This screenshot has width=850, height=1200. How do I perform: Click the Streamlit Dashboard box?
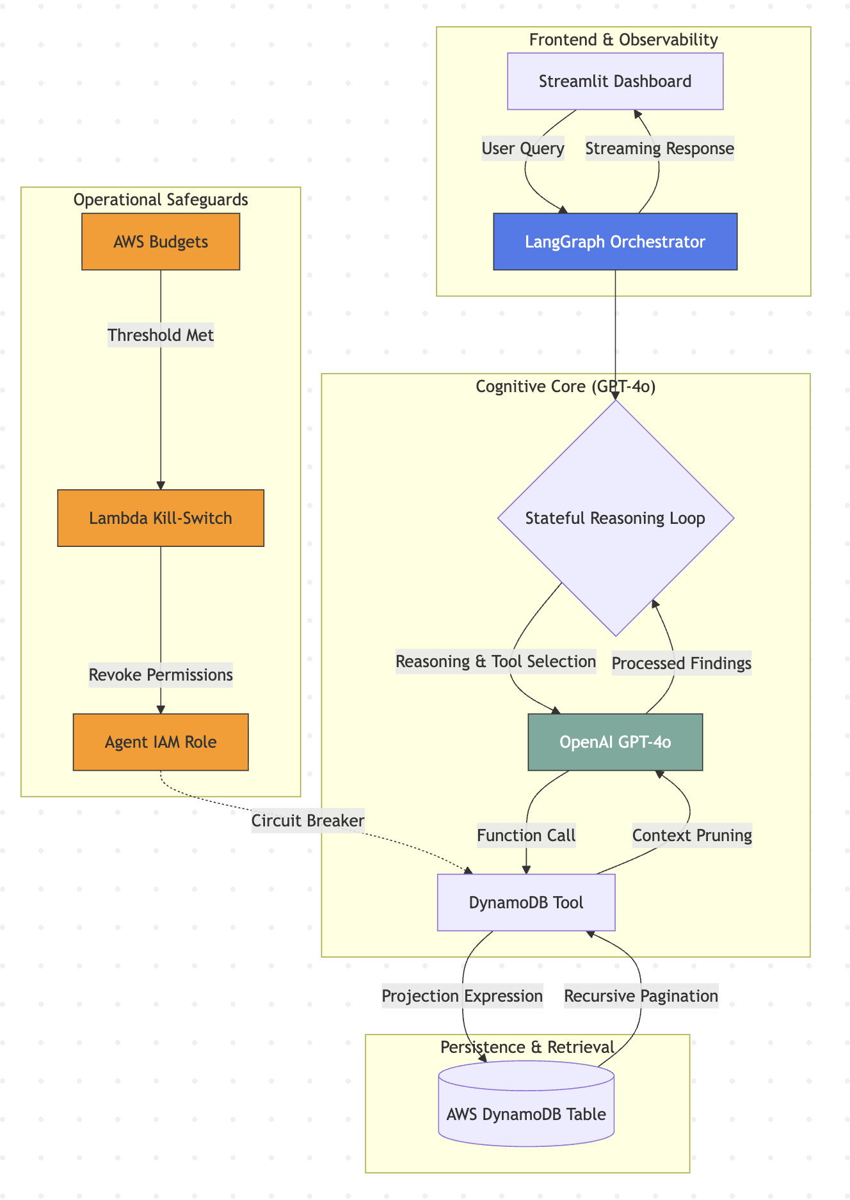[x=615, y=81]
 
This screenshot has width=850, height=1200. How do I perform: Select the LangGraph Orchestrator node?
[x=615, y=242]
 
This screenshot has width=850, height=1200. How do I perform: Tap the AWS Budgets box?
[x=161, y=242]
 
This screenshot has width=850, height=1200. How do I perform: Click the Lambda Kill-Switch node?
[x=161, y=518]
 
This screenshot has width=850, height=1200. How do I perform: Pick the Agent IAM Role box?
[x=161, y=742]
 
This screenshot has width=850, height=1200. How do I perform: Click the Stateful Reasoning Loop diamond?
[x=615, y=518]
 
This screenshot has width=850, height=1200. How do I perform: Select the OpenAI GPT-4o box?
[x=615, y=742]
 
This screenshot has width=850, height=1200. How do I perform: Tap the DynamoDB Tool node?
[x=526, y=903]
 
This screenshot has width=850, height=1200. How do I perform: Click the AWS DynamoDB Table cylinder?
[x=526, y=1114]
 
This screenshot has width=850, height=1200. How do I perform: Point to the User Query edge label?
[x=523, y=149]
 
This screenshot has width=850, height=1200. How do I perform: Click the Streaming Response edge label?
[x=659, y=149]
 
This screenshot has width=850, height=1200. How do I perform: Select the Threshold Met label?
[x=161, y=335]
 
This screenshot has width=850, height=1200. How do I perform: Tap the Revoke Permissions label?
[x=161, y=675]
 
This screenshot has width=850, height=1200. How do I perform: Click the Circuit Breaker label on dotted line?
[x=308, y=821]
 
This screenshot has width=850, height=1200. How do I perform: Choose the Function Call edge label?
[x=526, y=835]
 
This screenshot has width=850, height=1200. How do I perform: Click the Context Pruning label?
[x=692, y=835]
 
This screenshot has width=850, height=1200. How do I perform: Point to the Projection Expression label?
[x=462, y=996]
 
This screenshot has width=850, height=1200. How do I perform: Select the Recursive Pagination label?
[x=641, y=996]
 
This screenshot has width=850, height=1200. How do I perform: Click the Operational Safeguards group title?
[x=161, y=200]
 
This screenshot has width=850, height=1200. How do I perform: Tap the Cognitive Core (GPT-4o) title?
[x=566, y=387]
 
